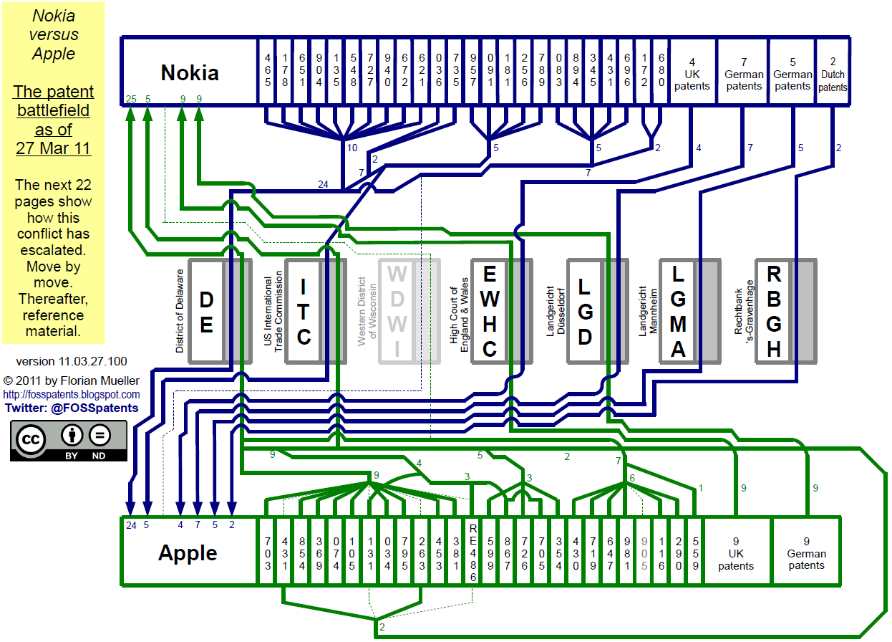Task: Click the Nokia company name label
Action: [190, 72]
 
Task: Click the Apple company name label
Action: [188, 552]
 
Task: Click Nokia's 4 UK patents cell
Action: [692, 74]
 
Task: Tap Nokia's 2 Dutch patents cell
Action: [832, 75]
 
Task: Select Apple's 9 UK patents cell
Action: [736, 553]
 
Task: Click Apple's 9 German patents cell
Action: [806, 553]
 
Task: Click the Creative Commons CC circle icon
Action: [31, 441]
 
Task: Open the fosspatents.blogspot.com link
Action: [72, 395]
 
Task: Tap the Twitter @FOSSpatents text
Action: [72, 408]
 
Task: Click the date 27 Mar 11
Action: [53, 149]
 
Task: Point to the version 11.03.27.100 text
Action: [72, 361]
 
